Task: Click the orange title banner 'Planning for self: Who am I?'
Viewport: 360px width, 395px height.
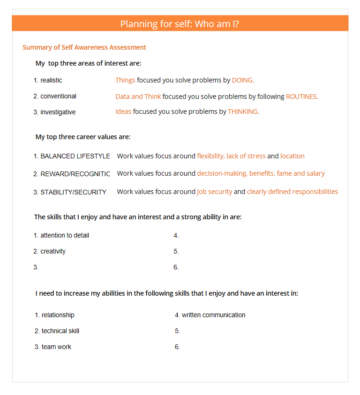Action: (x=180, y=23)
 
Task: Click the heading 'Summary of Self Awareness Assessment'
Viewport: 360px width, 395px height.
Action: (x=84, y=47)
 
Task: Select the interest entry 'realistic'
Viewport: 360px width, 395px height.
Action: (x=51, y=80)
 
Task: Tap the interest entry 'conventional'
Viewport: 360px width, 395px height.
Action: (x=58, y=96)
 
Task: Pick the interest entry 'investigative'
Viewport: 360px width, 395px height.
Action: (x=58, y=112)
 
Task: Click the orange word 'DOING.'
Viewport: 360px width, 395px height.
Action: (x=243, y=80)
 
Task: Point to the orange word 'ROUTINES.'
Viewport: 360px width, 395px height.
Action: (x=302, y=97)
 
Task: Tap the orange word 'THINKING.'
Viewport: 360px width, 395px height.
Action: (x=243, y=112)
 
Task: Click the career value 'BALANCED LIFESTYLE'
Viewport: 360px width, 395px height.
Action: (x=75, y=156)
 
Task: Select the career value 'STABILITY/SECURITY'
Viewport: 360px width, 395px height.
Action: (x=73, y=192)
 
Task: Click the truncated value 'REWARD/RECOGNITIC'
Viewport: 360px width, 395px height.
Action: (x=75, y=174)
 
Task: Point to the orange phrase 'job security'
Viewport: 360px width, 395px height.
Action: (x=215, y=192)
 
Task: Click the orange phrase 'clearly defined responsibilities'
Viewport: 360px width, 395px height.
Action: (x=292, y=192)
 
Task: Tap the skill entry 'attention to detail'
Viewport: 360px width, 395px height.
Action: (x=64, y=235)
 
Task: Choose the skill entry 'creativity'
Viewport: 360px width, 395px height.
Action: (x=53, y=251)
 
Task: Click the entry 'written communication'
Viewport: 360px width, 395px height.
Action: (x=213, y=315)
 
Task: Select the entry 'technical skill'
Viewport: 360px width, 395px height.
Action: (x=60, y=331)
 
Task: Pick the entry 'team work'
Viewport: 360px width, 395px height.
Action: (x=56, y=347)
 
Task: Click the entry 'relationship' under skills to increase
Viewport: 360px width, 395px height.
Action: (x=58, y=315)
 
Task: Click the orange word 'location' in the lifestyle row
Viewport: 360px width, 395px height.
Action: (x=292, y=156)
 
